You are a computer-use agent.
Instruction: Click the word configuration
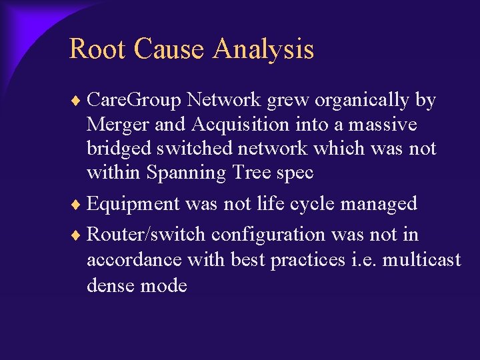point(268,235)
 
